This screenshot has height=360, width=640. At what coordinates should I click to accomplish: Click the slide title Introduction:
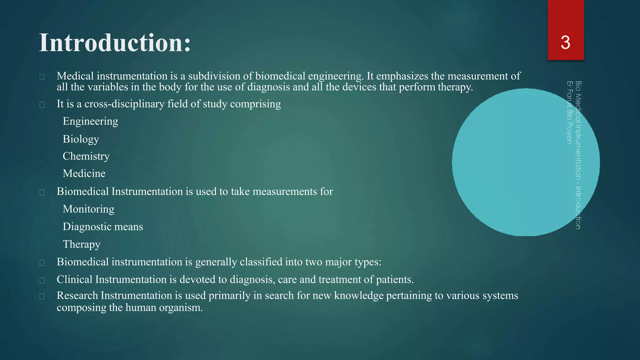[115, 43]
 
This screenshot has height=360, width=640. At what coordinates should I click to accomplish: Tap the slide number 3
[565, 42]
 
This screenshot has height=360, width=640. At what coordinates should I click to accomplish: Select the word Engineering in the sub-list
[90, 121]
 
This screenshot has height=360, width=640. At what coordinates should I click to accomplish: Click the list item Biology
[81, 139]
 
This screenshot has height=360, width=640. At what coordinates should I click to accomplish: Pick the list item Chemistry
[86, 156]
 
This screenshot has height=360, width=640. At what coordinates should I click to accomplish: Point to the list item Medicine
[84, 173]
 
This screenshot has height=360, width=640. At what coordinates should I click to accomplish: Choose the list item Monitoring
[88, 209]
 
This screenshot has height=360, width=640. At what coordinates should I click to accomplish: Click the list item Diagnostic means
[103, 227]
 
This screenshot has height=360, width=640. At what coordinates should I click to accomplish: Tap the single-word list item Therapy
[82, 244]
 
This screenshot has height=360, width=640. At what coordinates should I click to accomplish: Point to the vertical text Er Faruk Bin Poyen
[569, 112]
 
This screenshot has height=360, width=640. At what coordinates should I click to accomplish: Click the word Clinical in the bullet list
[74, 279]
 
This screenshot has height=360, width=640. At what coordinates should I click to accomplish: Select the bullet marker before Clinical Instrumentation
[42, 280]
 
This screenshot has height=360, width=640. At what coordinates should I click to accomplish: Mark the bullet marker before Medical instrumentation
[42, 77]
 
